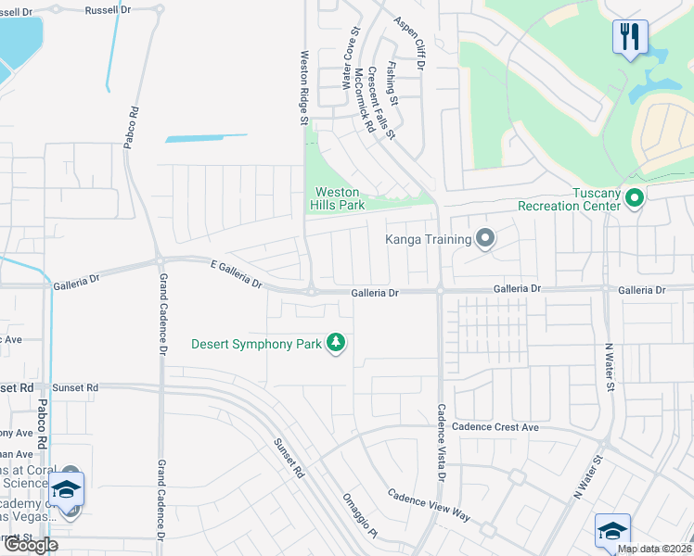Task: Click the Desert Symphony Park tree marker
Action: point(336,344)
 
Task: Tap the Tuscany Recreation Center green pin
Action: point(635,197)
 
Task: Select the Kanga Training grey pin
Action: point(484,240)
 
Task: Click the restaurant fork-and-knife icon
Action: point(630,37)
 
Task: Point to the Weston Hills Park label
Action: point(337,198)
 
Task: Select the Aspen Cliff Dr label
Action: point(408,44)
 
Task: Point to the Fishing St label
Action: point(392,82)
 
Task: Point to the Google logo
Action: point(31,545)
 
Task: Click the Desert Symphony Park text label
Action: point(256,344)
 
